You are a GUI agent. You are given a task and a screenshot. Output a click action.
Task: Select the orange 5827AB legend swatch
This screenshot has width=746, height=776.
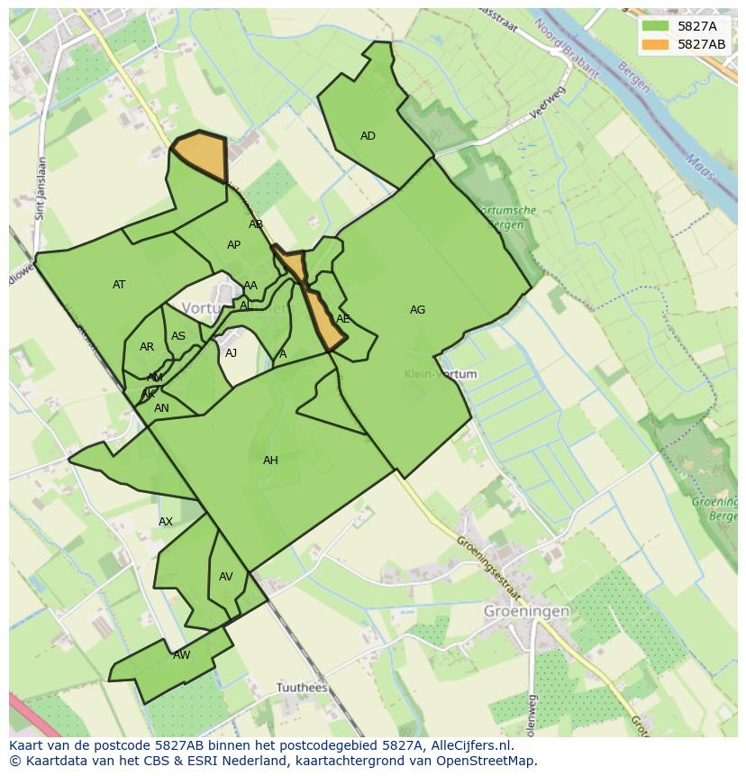click(x=656, y=44)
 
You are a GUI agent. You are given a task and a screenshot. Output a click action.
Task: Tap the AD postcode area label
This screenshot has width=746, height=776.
click(x=368, y=136)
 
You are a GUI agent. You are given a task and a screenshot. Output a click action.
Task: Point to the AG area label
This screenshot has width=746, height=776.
click(x=417, y=310)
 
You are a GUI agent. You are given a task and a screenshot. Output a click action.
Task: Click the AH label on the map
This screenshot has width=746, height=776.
click(x=270, y=461)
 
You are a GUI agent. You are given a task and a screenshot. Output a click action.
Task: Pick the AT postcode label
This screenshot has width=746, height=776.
click(x=119, y=285)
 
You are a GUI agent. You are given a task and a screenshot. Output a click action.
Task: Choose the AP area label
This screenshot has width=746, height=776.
click(x=233, y=245)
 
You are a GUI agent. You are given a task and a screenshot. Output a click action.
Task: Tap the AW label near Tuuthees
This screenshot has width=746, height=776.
click(x=182, y=655)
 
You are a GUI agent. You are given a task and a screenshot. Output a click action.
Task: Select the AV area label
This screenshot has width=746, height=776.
click(x=226, y=577)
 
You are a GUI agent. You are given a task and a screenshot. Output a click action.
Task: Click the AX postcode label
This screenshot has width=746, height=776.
click(x=166, y=522)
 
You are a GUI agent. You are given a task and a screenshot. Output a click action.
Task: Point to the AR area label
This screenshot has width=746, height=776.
click(x=147, y=347)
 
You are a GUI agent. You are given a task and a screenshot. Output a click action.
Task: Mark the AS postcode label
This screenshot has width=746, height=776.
click(x=178, y=337)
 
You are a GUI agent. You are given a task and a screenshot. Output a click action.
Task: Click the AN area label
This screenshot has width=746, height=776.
click(x=161, y=408)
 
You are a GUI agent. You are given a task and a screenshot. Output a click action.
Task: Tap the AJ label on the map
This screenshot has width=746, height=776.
click(x=231, y=353)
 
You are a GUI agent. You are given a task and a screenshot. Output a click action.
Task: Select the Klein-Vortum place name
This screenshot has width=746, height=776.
click(x=441, y=374)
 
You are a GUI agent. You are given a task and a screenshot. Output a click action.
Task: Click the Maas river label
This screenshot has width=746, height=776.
click(x=698, y=167)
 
